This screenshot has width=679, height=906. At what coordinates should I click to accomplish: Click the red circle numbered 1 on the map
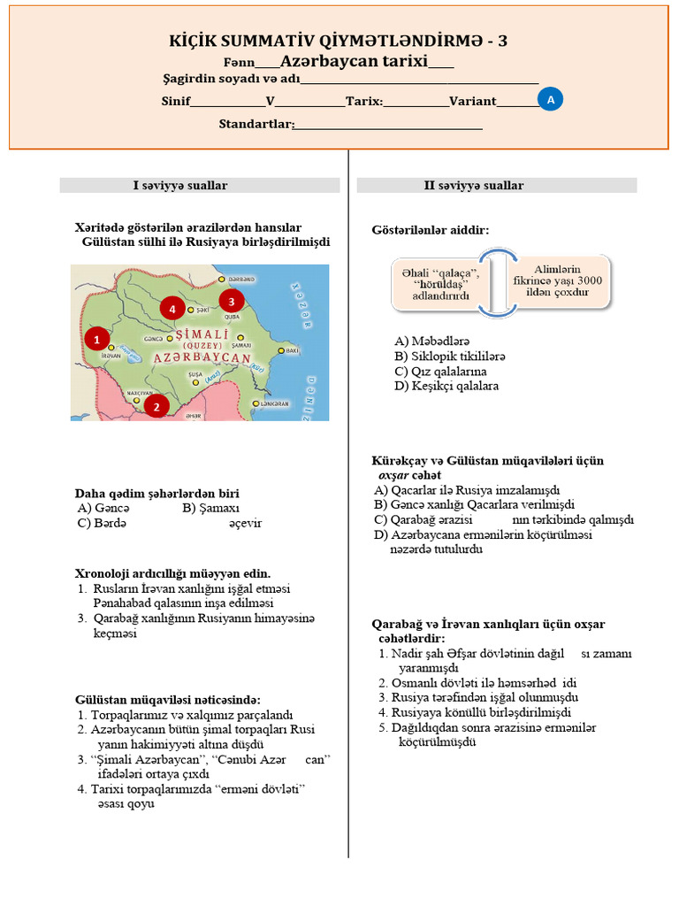click(96, 338)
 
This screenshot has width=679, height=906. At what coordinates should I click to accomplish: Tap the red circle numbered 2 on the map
click(156, 406)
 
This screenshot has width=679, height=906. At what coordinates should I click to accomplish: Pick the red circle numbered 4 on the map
click(172, 309)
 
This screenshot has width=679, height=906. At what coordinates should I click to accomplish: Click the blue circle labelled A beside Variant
click(550, 101)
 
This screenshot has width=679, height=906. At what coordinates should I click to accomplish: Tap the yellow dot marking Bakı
click(281, 351)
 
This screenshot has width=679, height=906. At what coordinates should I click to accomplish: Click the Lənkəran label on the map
click(275, 403)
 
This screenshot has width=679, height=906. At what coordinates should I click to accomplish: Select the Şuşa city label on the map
click(195, 374)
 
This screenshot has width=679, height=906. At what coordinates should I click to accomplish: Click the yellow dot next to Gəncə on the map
click(165, 338)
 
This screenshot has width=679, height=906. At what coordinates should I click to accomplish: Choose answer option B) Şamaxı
click(210, 508)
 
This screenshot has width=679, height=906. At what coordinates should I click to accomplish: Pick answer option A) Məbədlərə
click(431, 341)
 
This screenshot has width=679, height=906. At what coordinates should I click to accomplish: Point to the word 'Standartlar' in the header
click(256, 124)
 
